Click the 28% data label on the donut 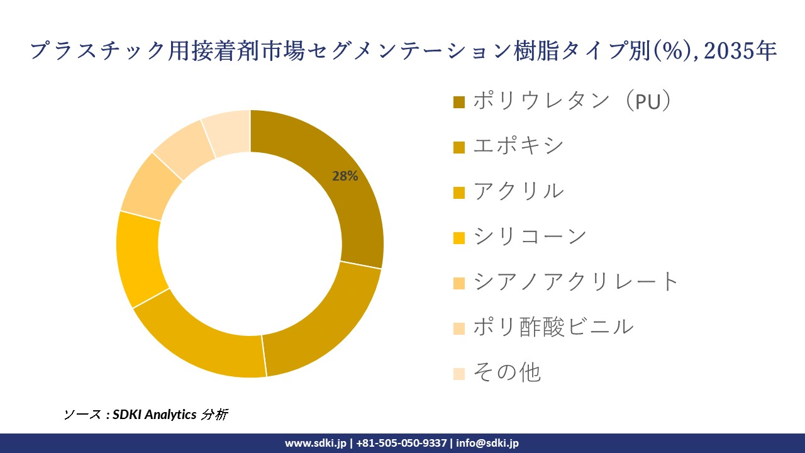[x=345, y=177]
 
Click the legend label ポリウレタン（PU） [x=572, y=101]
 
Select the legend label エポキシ [x=518, y=146]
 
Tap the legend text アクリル [x=518, y=191]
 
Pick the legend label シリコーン [x=530, y=237]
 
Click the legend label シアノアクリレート [x=576, y=282]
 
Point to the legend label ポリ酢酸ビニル [x=553, y=327]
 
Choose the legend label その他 [x=506, y=372]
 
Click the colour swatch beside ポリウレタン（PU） [x=459, y=102]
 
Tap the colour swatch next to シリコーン [x=459, y=238]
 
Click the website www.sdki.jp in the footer [x=315, y=443]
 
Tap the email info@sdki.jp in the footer [x=487, y=443]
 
